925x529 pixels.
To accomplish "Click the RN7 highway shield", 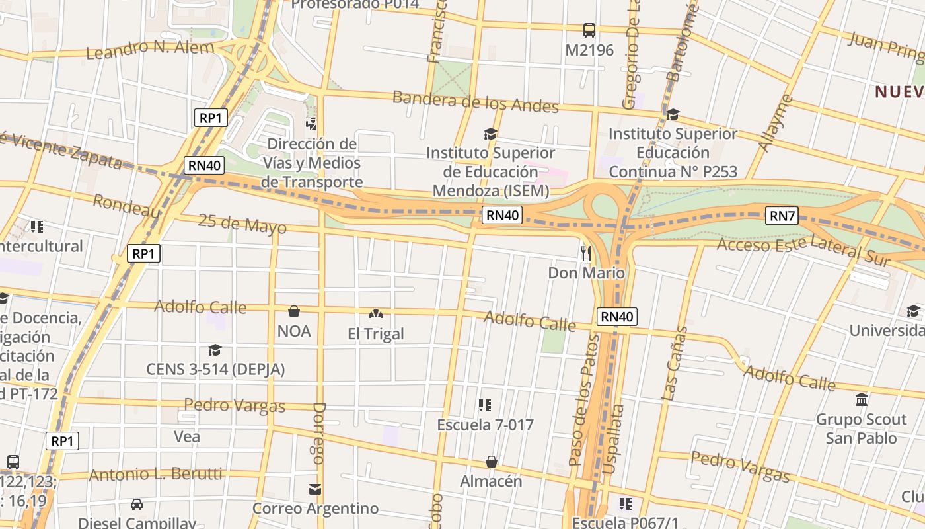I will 782,216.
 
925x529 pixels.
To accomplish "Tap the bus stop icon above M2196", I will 589,30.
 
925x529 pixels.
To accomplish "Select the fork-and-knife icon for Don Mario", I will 585,253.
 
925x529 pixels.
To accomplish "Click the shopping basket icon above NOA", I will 294,311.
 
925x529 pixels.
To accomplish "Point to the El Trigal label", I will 375,334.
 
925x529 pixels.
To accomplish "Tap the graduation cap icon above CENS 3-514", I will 215,350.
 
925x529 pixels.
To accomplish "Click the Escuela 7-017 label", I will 485,425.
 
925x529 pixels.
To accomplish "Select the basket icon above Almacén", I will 491,461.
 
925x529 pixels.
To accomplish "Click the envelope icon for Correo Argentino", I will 315,489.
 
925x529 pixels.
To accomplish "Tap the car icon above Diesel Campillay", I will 137,505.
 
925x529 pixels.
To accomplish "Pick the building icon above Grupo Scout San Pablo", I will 862,400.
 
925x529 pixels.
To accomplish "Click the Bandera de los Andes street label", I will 475,102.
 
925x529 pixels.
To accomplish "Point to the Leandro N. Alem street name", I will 150,48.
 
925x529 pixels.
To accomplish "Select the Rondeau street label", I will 126,206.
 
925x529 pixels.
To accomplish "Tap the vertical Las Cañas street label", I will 675,363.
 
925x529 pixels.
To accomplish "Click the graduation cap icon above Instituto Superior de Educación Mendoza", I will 490,134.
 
